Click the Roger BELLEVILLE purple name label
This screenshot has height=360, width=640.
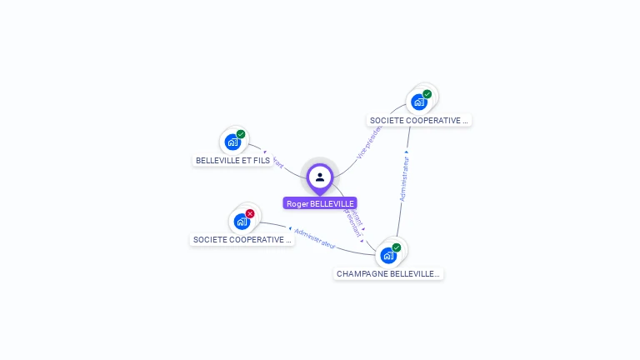click(x=320, y=203)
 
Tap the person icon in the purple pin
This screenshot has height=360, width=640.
click(x=320, y=177)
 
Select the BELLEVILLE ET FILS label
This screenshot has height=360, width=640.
click(x=232, y=160)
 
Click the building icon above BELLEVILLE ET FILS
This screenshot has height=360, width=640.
click(x=232, y=142)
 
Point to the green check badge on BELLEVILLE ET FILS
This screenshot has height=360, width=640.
click(x=241, y=134)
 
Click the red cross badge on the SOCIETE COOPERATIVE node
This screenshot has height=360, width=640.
click(x=250, y=213)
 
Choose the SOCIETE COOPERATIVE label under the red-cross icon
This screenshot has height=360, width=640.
click(x=242, y=240)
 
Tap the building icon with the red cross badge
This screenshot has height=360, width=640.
click(x=241, y=222)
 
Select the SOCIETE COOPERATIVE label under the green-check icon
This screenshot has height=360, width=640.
click(x=419, y=121)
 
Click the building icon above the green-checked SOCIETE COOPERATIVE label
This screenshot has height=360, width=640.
click(x=418, y=102)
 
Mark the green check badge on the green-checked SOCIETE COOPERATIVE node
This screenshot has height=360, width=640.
click(x=427, y=94)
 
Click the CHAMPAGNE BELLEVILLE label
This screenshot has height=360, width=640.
click(x=388, y=273)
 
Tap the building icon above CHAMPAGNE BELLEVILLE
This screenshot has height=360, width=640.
click(x=387, y=256)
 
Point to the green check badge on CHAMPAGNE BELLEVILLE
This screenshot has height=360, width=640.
click(x=397, y=247)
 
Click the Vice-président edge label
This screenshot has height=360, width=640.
click(x=367, y=142)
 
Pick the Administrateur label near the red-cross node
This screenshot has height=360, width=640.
click(x=315, y=237)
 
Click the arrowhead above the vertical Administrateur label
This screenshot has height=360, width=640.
click(x=407, y=153)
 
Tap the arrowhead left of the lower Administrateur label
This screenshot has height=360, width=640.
click(x=290, y=227)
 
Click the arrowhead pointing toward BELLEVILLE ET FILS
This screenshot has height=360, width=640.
click(x=264, y=152)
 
